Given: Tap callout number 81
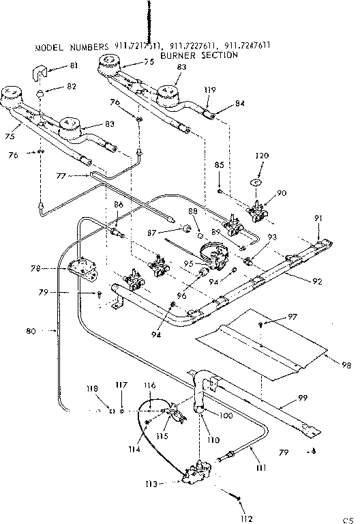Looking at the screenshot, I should point(74,65).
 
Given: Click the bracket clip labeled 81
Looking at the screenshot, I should point(41,71).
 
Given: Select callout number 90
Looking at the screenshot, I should point(282,194).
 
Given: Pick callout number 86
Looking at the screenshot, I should point(119,204).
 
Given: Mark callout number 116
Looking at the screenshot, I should point(151,386).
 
